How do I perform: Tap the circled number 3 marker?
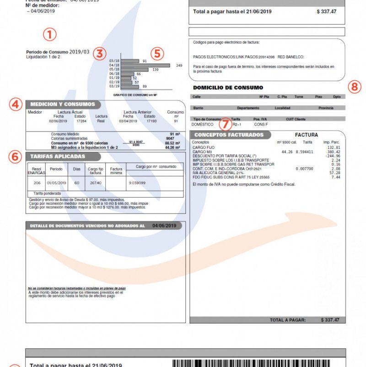point(99,53)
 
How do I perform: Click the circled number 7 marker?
point(225,124)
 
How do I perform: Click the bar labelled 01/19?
point(126,78)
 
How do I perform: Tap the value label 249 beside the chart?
point(179,66)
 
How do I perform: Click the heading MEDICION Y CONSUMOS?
point(63,104)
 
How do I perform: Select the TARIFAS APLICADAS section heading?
point(58,156)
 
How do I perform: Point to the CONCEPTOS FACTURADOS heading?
point(229,135)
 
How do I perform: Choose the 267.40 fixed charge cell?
point(96,183)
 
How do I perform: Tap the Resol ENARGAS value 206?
point(38,183)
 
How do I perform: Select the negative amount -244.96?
point(332,156)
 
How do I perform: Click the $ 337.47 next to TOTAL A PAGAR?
point(330,319)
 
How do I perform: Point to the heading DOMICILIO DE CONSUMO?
point(228,88)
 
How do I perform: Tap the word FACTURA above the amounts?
point(307,135)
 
